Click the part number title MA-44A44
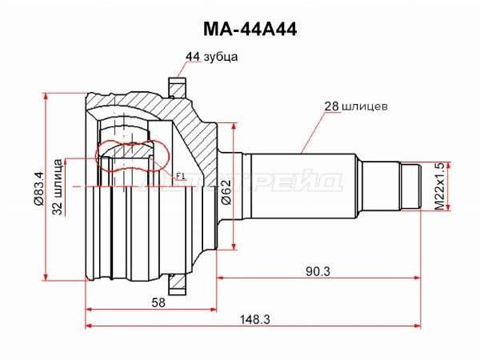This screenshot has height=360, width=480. [x=241, y=30]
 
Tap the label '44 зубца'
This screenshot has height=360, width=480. [x=211, y=57]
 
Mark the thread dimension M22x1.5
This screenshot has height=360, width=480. [x=438, y=186]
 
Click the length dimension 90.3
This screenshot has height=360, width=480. [x=318, y=271]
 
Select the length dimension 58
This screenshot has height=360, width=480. [x=158, y=302]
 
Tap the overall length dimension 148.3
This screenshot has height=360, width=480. [x=254, y=320]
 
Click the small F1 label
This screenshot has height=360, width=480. [x=179, y=176]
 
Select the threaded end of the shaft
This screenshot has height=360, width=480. [x=411, y=186]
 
